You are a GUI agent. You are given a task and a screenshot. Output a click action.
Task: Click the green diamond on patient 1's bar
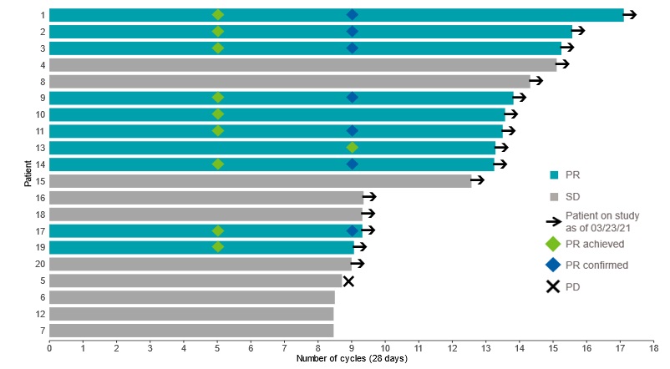[218, 15]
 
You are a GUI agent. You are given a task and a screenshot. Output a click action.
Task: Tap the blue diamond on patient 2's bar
[352, 32]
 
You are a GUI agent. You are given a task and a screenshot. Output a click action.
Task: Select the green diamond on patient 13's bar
[352, 148]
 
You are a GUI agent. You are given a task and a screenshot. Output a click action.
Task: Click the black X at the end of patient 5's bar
[348, 281]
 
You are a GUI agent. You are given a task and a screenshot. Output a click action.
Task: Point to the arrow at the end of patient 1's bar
[630, 15]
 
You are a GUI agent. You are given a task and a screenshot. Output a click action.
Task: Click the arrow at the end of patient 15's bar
[478, 180]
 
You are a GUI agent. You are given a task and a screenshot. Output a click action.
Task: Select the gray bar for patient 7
[191, 331]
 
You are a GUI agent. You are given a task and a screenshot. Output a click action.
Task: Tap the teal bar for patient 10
[277, 114]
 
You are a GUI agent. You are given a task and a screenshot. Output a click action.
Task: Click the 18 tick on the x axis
[653, 346]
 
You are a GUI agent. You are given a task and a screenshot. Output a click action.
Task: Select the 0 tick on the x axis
[49, 346]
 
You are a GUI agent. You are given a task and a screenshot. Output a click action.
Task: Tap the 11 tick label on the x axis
[419, 346]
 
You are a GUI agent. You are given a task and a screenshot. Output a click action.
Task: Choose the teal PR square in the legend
[553, 176]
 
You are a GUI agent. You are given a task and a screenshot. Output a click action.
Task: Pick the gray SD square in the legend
[553, 198]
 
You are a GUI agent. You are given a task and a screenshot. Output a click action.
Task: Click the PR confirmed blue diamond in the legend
[553, 265]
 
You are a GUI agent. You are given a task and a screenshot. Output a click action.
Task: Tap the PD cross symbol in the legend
[553, 286]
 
